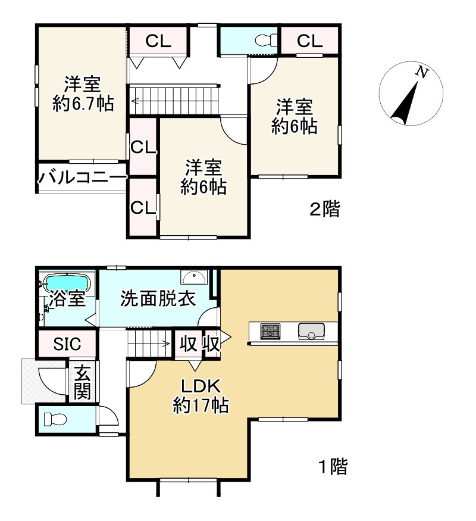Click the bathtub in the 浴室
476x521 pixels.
[67, 280]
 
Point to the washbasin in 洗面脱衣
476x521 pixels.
[194, 277]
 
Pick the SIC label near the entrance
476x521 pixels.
[67, 344]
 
